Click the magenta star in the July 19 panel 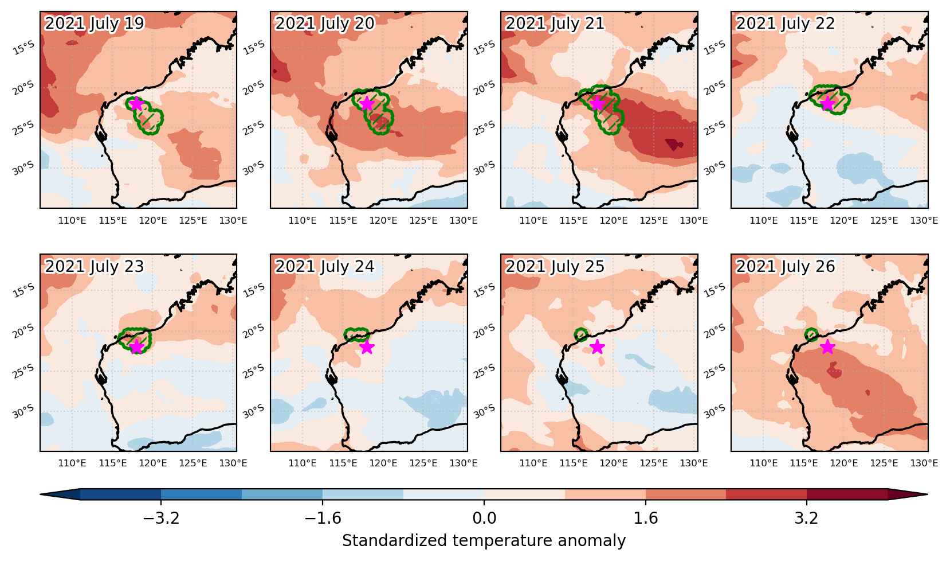tap(136, 103)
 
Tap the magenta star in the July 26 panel tap(827, 347)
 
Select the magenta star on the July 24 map tap(367, 347)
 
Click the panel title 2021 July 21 tap(555, 24)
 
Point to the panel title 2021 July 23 tap(94, 266)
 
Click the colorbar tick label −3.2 tap(161, 518)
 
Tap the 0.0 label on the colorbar tap(484, 518)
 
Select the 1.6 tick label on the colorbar tap(646, 518)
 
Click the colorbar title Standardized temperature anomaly tap(484, 540)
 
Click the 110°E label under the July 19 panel tap(72, 220)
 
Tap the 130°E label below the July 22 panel tap(924, 220)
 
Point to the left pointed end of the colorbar tap(41, 494)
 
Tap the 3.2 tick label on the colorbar tap(807, 518)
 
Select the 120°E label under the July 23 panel tap(152, 463)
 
